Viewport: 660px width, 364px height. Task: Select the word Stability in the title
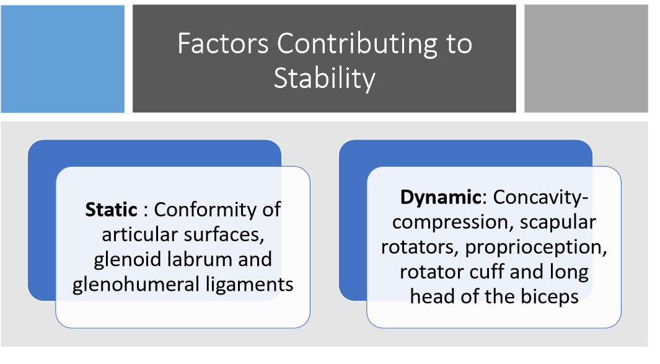[x=324, y=79]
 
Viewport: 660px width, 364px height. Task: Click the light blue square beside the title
[x=63, y=59]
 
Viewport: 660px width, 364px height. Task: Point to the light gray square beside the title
[x=586, y=59]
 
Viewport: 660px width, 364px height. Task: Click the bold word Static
[x=111, y=210]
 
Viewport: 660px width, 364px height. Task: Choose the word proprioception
[x=535, y=247]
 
